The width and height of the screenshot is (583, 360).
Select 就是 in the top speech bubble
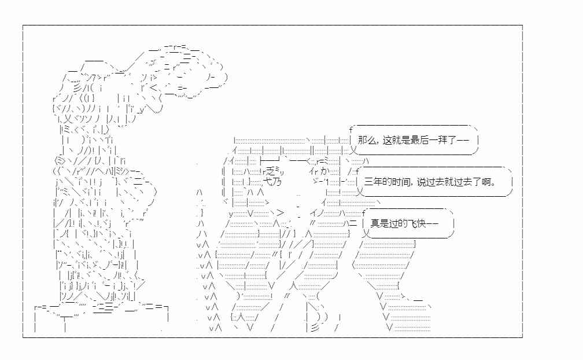click(x=400, y=140)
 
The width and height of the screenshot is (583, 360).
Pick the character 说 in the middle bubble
click(x=422, y=182)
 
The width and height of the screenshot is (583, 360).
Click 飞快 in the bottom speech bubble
click(x=417, y=223)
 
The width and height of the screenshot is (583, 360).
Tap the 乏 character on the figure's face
click(x=270, y=171)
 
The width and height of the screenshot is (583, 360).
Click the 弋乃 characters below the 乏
click(x=272, y=182)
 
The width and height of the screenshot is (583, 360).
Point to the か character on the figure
click(x=324, y=171)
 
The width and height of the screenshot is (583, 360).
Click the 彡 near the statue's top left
click(x=78, y=88)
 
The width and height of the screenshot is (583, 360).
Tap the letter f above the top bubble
click(x=350, y=130)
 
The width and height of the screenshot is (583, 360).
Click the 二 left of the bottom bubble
click(x=353, y=223)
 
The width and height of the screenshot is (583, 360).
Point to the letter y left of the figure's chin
click(x=231, y=214)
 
